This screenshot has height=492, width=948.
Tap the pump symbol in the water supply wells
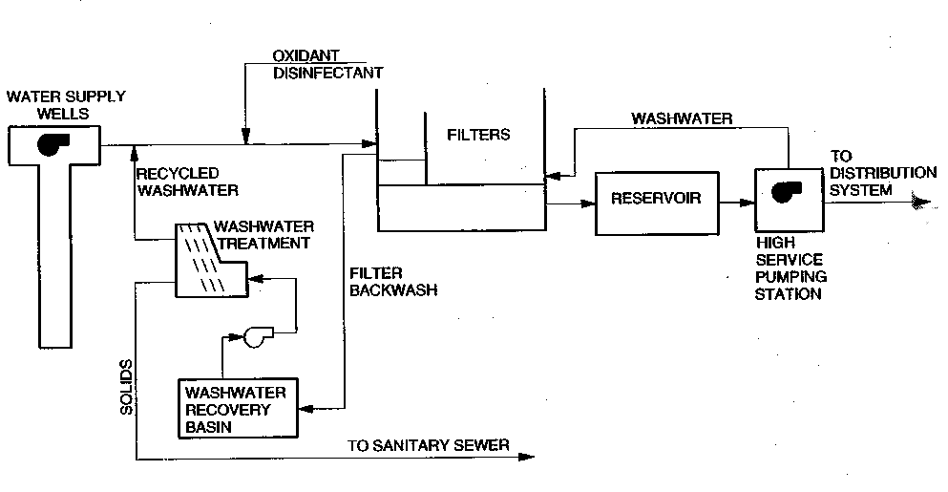point(50,144)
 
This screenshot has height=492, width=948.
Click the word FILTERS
point(478,135)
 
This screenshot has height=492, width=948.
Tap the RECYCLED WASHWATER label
point(178,182)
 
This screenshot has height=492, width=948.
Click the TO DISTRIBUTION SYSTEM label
point(869,173)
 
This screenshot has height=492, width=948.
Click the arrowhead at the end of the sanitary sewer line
point(526,459)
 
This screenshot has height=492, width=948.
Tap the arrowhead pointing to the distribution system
point(920,202)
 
